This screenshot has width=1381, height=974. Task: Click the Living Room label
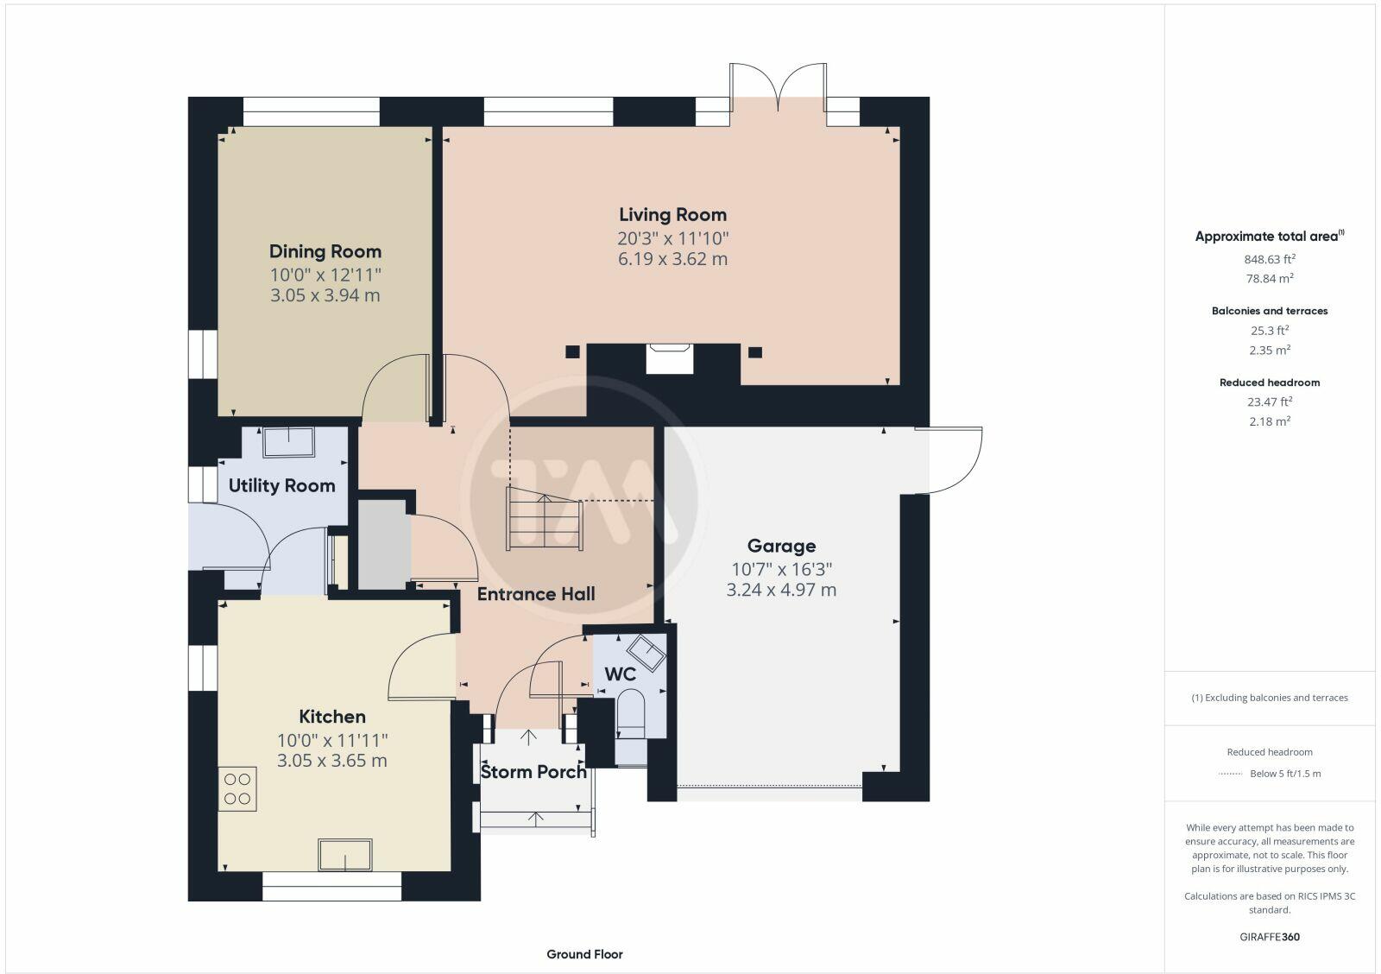pos(672,215)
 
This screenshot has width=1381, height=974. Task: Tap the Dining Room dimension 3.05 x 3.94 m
pos(325,295)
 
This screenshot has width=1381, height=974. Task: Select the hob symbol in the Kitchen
pos(237,789)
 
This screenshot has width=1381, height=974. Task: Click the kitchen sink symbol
pos(345,855)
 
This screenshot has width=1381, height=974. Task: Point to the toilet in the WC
pos(631,713)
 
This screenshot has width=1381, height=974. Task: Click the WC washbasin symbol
pos(646,652)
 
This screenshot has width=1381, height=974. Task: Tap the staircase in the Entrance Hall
pos(545,519)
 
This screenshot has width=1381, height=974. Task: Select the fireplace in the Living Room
pos(670,357)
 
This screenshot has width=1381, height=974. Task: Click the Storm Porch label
pos(533,772)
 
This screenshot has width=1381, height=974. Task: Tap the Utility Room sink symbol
pos(289,442)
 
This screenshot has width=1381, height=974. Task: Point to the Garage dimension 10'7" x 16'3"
pos(781,569)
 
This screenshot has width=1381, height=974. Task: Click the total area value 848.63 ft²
pos(1270,259)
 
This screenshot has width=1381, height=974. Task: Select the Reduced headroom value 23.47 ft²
pos(1270,402)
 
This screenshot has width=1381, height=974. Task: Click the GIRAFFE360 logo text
pos(1270,937)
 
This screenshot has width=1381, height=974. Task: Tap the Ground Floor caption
pos(584,954)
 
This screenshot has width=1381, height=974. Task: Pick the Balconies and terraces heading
pos(1270,311)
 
